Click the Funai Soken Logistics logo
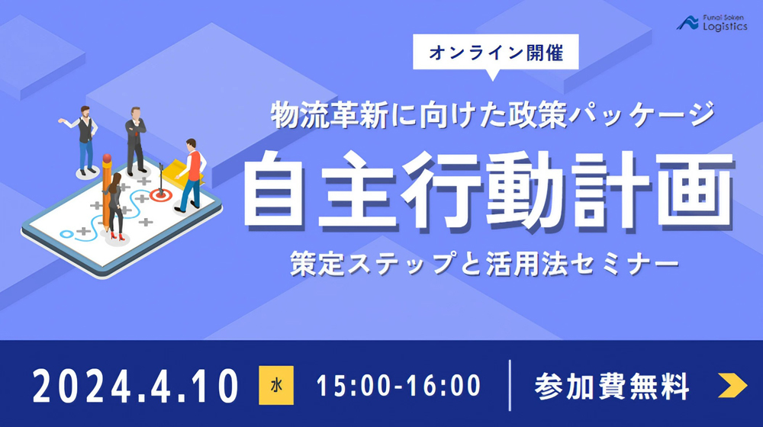(711, 23)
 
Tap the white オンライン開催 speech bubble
(495, 53)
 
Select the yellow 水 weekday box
(276, 385)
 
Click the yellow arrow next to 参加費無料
(732, 385)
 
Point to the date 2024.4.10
(135, 386)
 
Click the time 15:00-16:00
(398, 386)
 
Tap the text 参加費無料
(612, 386)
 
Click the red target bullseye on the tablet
(160, 195)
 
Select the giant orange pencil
(107, 190)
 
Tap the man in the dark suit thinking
(136, 140)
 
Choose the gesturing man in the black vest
(84, 140)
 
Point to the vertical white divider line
(510, 385)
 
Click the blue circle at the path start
(66, 234)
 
